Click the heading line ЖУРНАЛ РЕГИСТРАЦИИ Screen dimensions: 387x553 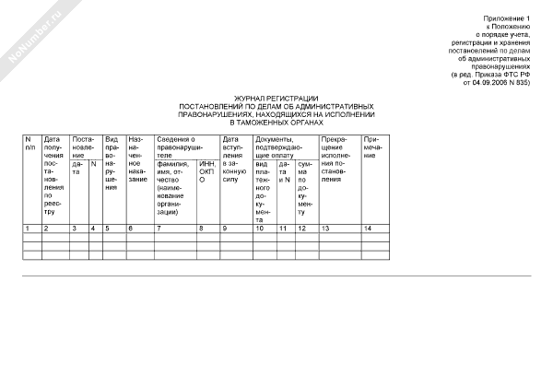pos(276,98)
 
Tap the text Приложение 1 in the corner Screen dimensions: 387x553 pos(509,19)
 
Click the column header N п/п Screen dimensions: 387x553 pos(30,142)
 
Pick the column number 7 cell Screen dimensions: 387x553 pos(159,228)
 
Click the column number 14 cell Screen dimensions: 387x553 pos(368,228)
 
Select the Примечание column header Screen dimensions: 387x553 pos(373,147)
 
